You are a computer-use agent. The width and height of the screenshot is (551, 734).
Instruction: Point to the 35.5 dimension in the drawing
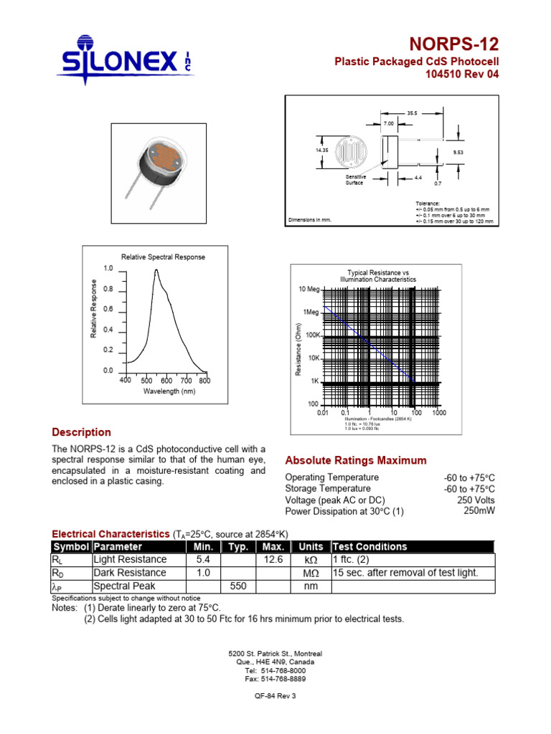tap(412, 113)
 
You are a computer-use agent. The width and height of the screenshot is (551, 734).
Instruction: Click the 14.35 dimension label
tap(321, 151)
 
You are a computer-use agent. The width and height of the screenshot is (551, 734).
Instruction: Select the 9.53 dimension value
tap(458, 152)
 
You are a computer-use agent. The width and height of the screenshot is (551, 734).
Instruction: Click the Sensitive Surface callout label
tap(357, 179)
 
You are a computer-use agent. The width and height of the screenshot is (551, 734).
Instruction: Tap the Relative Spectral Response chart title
tap(163, 257)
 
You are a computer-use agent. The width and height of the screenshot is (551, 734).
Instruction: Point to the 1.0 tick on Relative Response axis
tap(108, 269)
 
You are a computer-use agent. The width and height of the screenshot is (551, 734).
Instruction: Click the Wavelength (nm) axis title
tap(169, 391)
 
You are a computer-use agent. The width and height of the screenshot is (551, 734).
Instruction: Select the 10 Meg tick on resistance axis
tap(309, 290)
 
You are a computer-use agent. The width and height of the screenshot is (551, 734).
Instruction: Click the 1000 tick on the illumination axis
tap(439, 413)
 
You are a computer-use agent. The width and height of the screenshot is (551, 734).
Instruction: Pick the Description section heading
tap(81, 432)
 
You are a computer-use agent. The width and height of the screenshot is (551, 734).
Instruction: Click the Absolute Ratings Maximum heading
tap(356, 460)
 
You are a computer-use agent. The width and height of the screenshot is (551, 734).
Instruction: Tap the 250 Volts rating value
tap(476, 500)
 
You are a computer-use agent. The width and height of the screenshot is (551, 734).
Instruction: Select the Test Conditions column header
tap(369, 546)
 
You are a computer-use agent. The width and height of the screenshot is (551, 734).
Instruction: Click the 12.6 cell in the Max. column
tap(275, 559)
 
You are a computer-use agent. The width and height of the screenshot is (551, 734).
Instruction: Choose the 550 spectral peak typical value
tap(238, 586)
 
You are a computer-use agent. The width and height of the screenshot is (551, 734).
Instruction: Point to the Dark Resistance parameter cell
tap(130, 573)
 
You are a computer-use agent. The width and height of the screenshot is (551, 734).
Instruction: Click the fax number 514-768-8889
tap(275, 678)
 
